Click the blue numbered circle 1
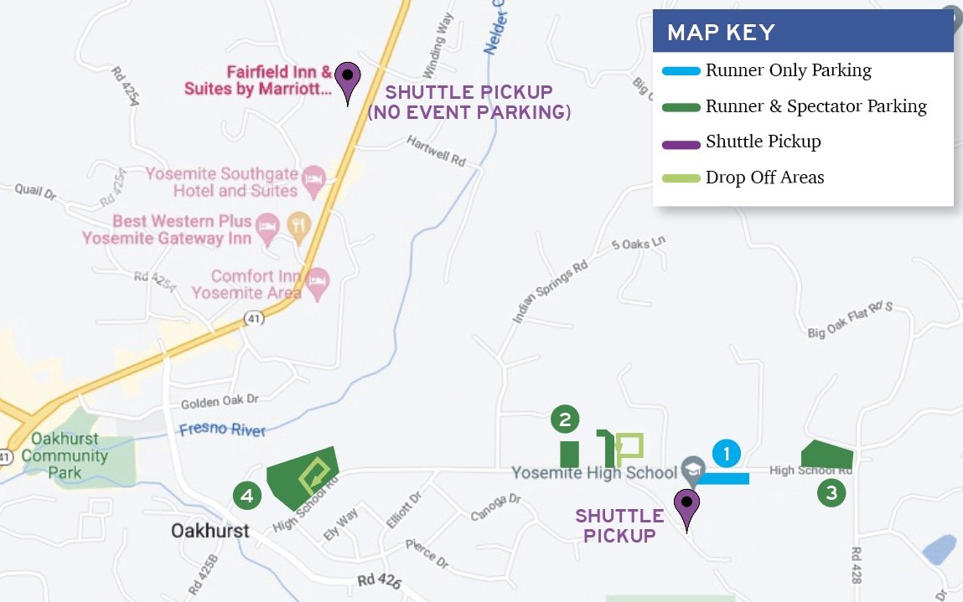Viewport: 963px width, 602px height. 727,454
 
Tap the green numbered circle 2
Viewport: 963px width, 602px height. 565,419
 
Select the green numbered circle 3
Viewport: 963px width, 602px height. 831,493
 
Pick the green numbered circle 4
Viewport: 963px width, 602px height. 247,496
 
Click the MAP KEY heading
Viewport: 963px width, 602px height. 721,33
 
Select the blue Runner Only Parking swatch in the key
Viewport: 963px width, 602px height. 681,71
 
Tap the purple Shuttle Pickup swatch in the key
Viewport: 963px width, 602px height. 681,143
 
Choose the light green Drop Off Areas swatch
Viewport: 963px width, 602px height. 681,178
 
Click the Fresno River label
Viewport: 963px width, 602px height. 222,430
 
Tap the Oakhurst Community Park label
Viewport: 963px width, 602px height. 65,455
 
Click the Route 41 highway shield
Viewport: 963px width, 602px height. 254,317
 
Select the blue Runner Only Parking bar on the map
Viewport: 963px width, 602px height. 722,479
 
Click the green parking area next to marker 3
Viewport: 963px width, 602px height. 826,455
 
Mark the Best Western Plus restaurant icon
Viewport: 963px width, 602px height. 297,224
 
